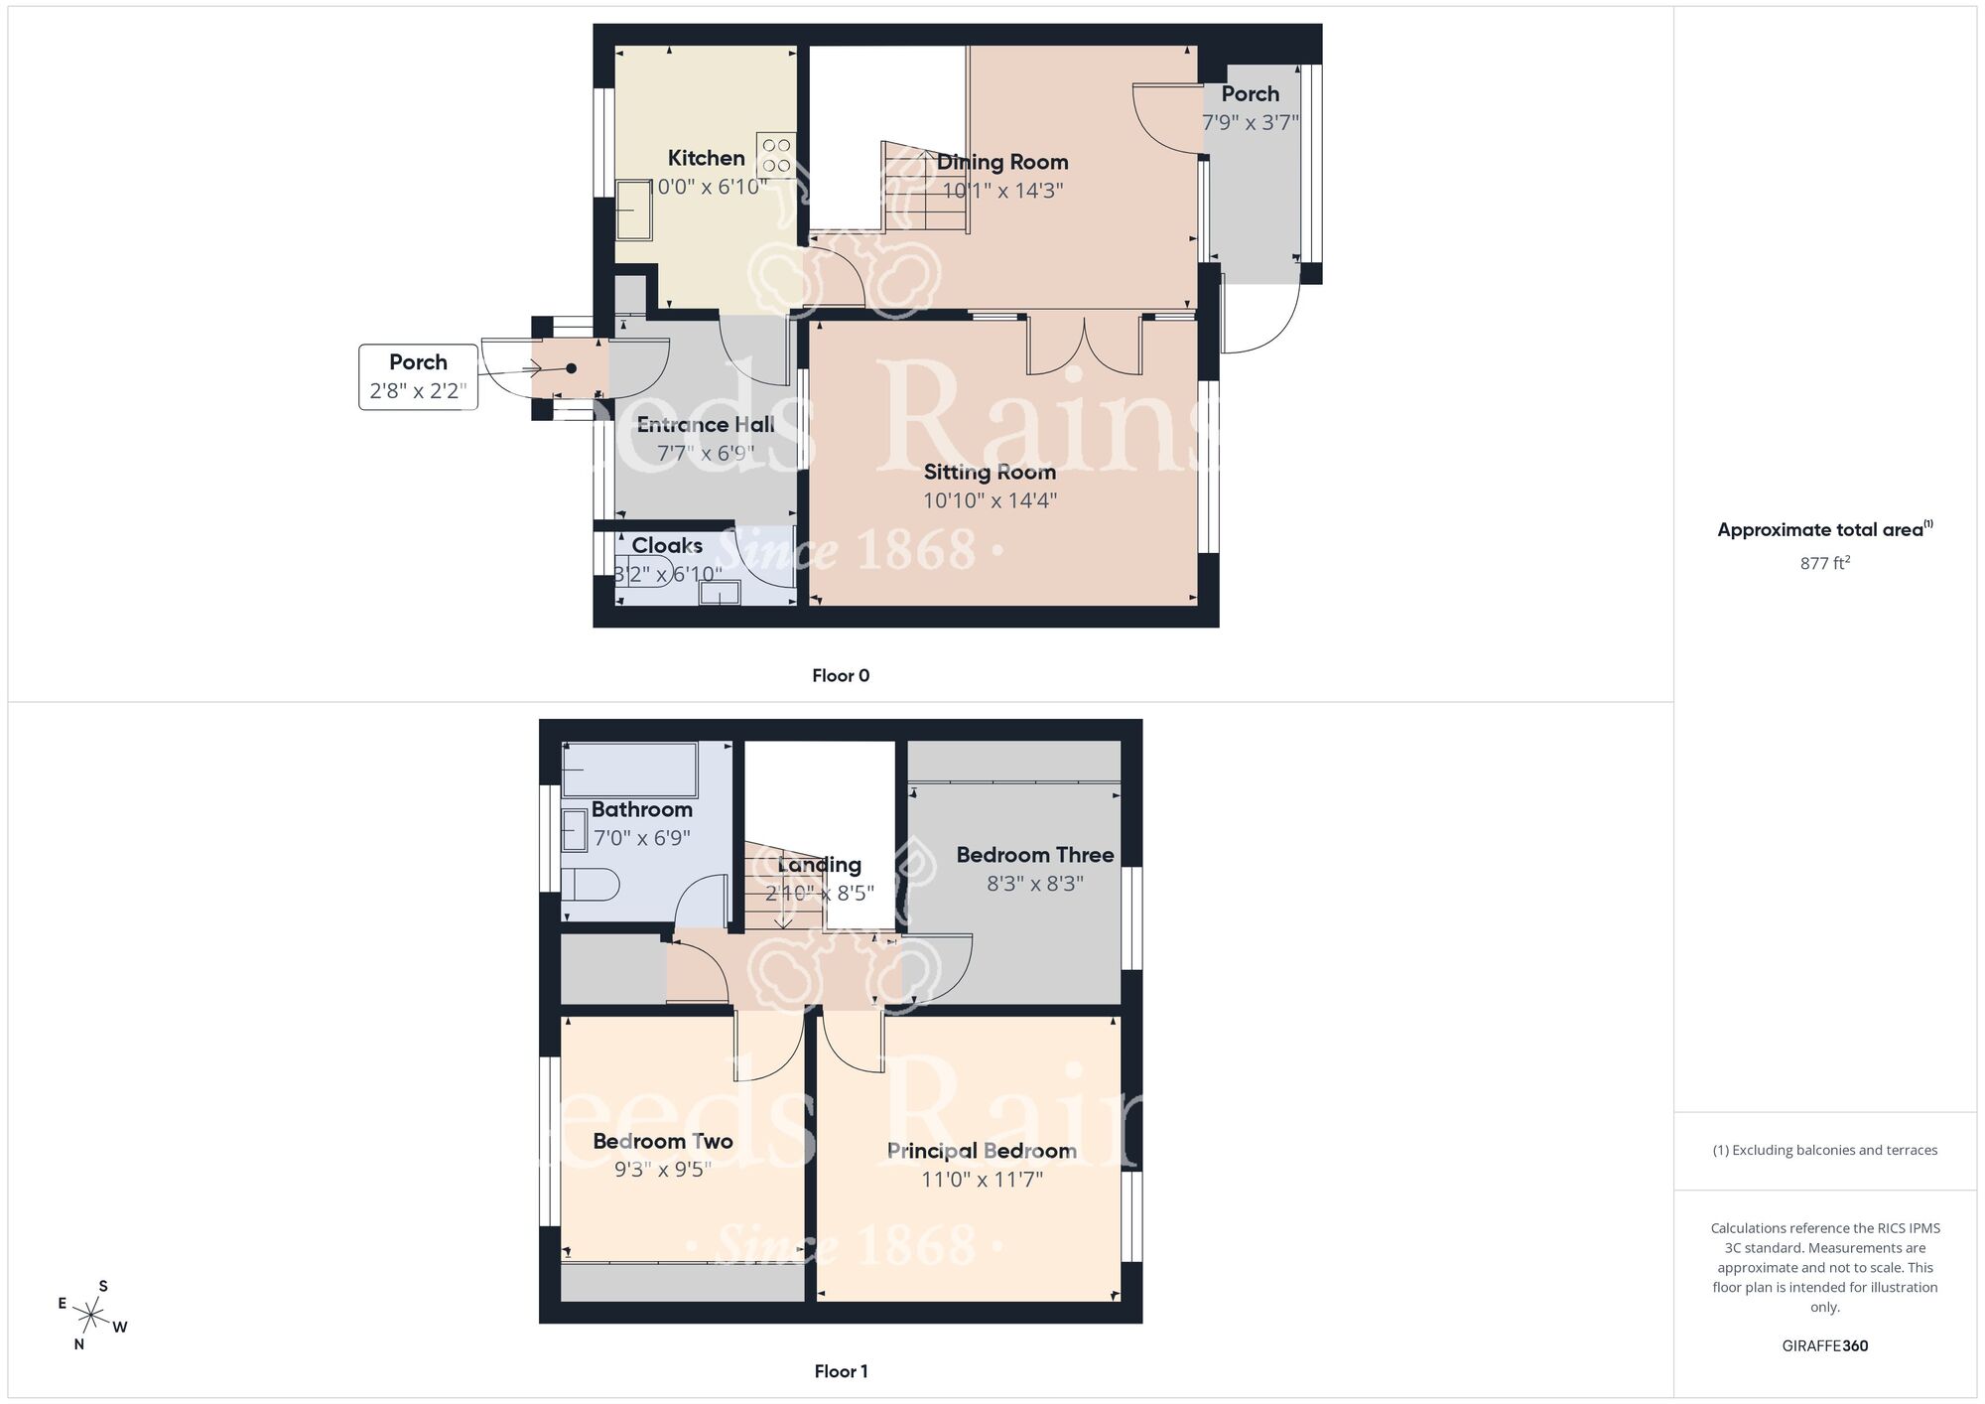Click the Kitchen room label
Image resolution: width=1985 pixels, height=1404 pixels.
pyautogui.click(x=706, y=158)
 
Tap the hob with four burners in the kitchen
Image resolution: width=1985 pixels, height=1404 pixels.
pyautogui.click(x=776, y=156)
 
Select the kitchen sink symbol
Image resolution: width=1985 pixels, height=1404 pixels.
pyautogui.click(x=633, y=210)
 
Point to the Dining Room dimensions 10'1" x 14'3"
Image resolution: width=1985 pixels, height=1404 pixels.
pyautogui.click(x=1002, y=191)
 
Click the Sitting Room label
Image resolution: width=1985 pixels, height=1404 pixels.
pyautogui.click(x=990, y=473)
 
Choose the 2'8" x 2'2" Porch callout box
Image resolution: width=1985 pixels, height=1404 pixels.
pyautogui.click(x=418, y=376)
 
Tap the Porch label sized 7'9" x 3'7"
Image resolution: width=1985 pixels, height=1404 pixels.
pyautogui.click(x=1250, y=94)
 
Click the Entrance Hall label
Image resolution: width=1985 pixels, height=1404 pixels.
pyautogui.click(x=705, y=425)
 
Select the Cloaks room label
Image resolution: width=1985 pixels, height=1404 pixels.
pyautogui.click(x=667, y=545)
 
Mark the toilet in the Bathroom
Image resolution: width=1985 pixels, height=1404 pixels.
pyautogui.click(x=591, y=884)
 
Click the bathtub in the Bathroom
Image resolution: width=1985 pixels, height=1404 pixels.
pyautogui.click(x=629, y=770)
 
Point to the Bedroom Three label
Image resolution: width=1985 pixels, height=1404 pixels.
pyautogui.click(x=1034, y=855)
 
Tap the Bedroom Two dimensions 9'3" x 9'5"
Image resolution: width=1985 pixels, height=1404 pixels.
pyautogui.click(x=662, y=1170)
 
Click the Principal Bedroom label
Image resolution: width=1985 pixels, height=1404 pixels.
pyautogui.click(x=982, y=1151)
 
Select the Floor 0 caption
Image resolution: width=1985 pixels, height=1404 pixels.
pyautogui.click(x=841, y=676)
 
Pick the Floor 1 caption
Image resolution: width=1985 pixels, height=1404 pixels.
pyautogui.click(x=841, y=1371)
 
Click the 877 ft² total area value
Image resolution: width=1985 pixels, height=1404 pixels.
pyautogui.click(x=1824, y=563)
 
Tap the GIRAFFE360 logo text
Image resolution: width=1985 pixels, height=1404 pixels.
pyautogui.click(x=1824, y=1346)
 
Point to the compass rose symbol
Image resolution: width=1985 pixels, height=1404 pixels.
pyautogui.click(x=91, y=1317)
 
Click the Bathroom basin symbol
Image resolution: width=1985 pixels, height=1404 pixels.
pyautogui.click(x=575, y=829)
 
